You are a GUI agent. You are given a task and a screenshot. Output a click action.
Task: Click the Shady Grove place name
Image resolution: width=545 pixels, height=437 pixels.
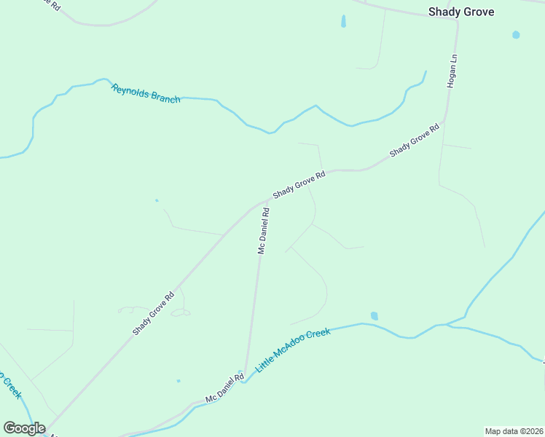460,12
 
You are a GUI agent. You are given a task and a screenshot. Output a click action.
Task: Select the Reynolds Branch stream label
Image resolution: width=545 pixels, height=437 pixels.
146,93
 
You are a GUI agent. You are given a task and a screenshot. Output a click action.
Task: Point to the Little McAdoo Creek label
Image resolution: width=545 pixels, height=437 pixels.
292,351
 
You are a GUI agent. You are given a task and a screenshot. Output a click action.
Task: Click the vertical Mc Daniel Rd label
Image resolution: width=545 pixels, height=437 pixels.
264,231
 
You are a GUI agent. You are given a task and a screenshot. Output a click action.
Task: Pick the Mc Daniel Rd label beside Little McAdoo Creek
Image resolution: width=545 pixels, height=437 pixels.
224,390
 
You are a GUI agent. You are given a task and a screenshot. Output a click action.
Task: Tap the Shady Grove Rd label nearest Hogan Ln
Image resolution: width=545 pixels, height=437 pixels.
414,141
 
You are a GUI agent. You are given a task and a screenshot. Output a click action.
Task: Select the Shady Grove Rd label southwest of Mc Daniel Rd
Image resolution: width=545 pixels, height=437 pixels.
154,314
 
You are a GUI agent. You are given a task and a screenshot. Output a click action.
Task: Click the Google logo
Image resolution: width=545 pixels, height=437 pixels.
24,428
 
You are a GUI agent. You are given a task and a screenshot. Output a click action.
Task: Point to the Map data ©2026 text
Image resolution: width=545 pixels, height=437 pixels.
513,430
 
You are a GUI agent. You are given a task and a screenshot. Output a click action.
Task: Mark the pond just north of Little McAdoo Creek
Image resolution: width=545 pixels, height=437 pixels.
374,316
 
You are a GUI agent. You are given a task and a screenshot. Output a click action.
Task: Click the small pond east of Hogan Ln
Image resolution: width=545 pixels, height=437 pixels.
516,34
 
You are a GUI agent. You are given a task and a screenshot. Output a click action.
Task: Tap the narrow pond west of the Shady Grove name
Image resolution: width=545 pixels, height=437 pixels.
343,23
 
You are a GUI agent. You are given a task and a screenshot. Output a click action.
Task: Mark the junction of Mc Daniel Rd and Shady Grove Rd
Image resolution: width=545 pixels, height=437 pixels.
262,203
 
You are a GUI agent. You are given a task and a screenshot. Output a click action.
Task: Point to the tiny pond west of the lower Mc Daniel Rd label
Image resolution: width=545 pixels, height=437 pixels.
178,380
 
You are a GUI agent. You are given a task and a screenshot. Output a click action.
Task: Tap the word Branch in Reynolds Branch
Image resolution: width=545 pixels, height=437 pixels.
164,98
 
